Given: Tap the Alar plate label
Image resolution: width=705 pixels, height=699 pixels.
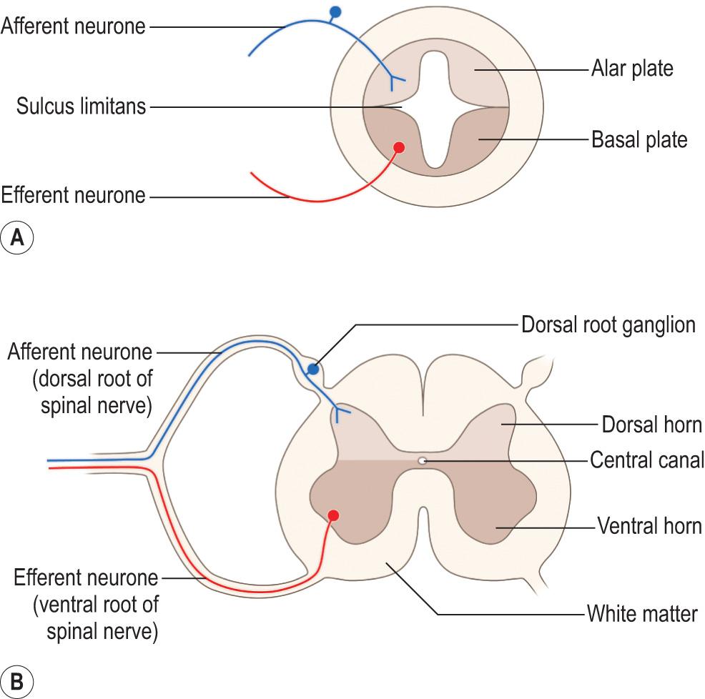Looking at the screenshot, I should (x=632, y=69).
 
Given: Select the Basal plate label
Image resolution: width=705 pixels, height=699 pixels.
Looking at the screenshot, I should (x=639, y=139).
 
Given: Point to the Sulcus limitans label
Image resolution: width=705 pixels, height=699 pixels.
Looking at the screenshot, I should (x=82, y=107).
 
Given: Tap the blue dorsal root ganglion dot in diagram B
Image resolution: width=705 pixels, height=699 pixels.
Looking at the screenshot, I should (x=312, y=370).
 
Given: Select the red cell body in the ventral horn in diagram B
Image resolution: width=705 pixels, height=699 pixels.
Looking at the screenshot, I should (x=333, y=515).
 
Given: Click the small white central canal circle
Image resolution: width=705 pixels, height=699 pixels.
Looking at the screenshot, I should (x=423, y=461).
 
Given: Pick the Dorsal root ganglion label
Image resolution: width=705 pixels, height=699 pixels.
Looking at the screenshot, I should (x=608, y=325).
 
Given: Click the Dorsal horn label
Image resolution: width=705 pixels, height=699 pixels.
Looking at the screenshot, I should (x=651, y=425).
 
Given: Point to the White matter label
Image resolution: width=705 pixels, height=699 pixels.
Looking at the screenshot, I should (x=641, y=613).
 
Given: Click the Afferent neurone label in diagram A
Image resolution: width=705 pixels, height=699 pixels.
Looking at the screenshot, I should (x=73, y=27).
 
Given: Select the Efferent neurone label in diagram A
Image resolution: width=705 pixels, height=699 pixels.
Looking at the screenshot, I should (x=73, y=194).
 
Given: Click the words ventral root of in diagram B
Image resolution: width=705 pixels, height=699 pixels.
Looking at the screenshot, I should (x=95, y=605).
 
